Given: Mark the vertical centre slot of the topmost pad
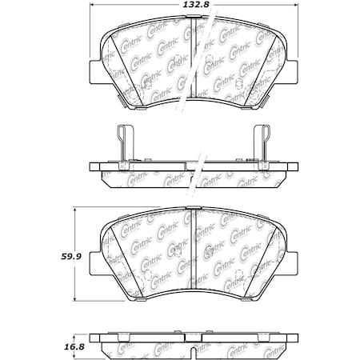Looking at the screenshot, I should coord(193,60).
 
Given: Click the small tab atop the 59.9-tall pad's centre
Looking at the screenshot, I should coord(193,210).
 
